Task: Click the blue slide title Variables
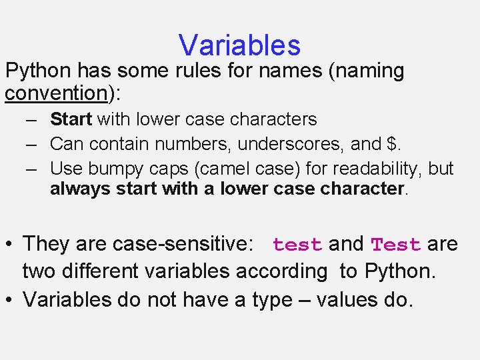click(239, 45)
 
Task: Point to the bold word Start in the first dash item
click(71, 119)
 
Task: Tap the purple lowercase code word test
click(297, 245)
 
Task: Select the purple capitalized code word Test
click(395, 245)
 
